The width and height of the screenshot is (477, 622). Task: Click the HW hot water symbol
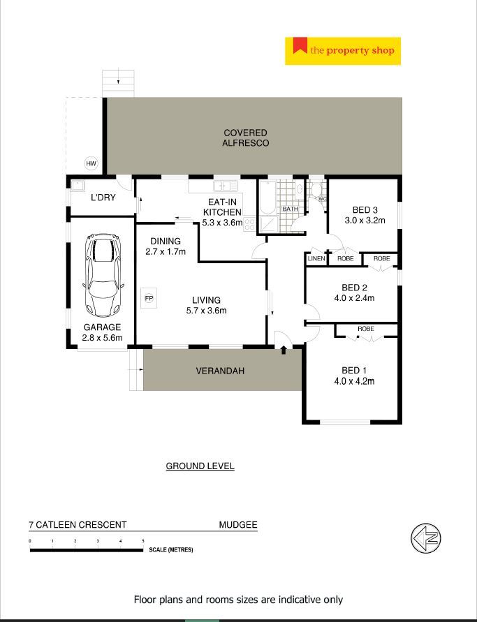tap(91, 163)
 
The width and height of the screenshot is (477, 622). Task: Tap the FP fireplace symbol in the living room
tap(149, 298)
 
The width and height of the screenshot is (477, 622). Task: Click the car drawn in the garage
tap(103, 275)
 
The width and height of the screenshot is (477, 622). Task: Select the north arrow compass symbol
tap(425, 538)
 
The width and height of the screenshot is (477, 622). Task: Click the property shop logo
tap(343, 51)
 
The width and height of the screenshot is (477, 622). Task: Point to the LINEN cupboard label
tap(316, 258)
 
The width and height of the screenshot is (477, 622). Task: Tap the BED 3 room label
tap(365, 210)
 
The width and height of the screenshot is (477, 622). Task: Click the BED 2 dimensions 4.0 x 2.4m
tap(354, 298)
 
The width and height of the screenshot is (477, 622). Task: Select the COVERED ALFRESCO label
tap(245, 138)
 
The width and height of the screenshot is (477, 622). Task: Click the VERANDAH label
tap(220, 371)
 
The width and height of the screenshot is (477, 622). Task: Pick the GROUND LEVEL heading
tap(200, 466)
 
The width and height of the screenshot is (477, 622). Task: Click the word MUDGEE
tap(238, 525)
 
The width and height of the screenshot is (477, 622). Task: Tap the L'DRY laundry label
tap(103, 197)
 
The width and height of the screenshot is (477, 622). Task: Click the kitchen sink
tap(226, 186)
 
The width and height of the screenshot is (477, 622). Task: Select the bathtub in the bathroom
tap(267, 197)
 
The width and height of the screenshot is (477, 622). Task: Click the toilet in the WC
tap(316, 190)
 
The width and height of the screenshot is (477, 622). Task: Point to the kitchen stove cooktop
tap(249, 224)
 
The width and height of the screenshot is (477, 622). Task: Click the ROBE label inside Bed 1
tap(365, 329)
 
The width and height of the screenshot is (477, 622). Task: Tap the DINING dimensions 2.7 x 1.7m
tap(166, 251)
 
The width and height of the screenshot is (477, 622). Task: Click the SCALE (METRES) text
tap(171, 550)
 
